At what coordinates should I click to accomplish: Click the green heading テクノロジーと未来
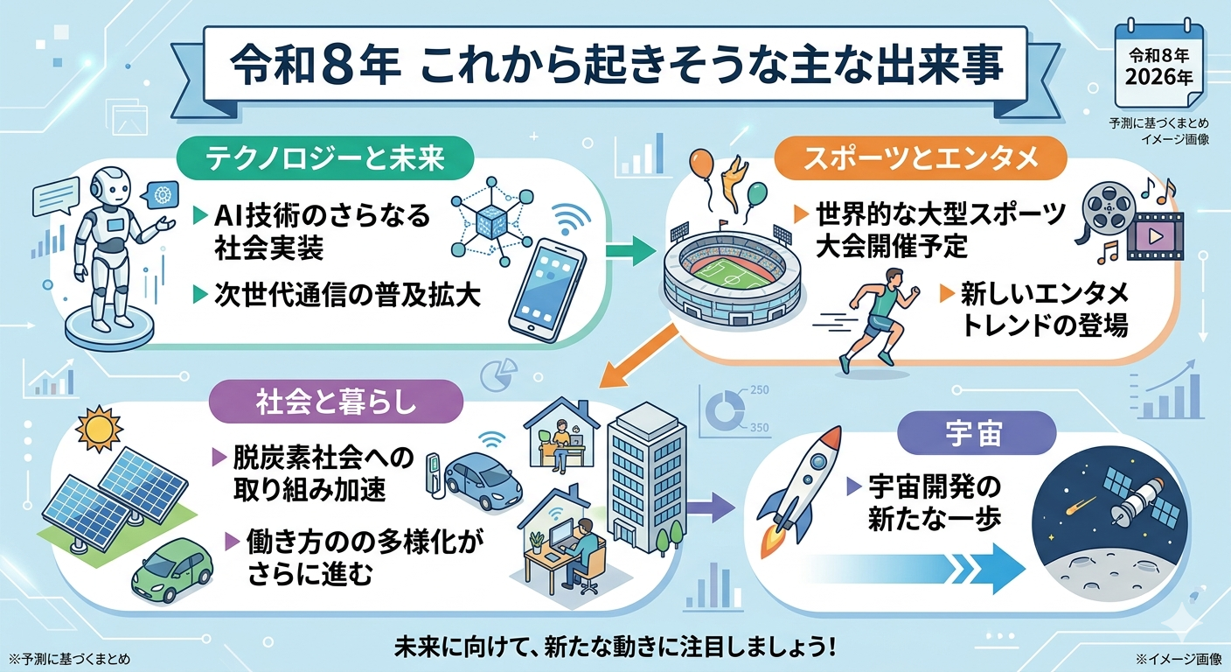(325, 159)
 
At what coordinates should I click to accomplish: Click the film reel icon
(1104, 209)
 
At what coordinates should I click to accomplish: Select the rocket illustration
(799, 490)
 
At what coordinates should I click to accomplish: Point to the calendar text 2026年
(1159, 76)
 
